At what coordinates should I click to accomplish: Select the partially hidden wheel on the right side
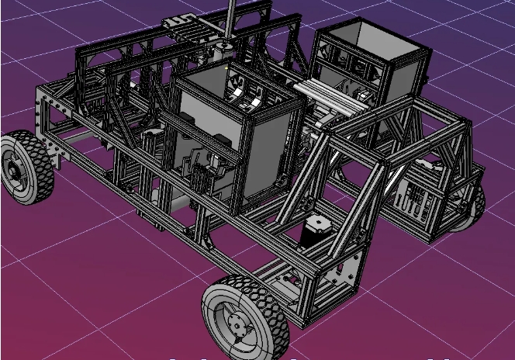(x=471, y=208)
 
